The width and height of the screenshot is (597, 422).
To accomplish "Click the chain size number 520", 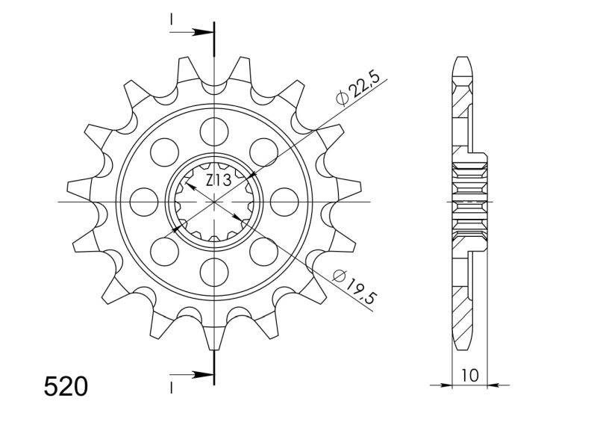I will pos(66,387).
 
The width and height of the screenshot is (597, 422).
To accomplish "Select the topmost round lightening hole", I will pos(214,131).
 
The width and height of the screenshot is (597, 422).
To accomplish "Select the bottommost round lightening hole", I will pos(214,272).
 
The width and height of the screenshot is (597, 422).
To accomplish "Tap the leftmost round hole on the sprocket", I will pos(144,202).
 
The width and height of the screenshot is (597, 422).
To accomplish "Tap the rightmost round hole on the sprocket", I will pos(284,202).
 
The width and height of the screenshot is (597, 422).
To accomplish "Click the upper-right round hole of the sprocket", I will pos(263,152).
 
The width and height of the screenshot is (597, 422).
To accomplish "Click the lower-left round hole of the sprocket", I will pos(165,252).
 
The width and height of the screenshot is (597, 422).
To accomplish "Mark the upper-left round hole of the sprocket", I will pos(165,152).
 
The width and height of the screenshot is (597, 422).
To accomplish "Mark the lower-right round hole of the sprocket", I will pos(263,252).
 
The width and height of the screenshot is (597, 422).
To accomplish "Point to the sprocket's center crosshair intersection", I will pos(214,202).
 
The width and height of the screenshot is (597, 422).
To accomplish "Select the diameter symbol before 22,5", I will pos(342,98).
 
